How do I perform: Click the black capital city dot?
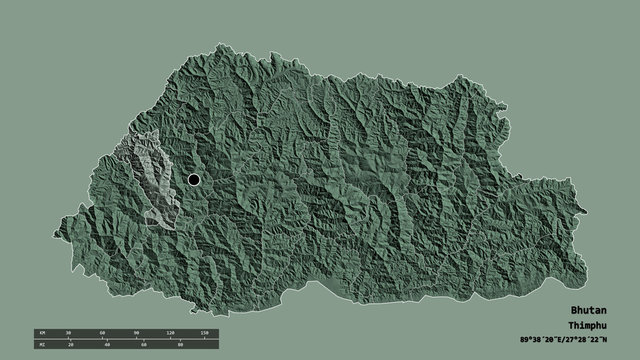[x=193, y=180]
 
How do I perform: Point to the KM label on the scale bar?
[x=40, y=331]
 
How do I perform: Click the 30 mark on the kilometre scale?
[x=69, y=331]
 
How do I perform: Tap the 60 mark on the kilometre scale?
[x=102, y=331]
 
